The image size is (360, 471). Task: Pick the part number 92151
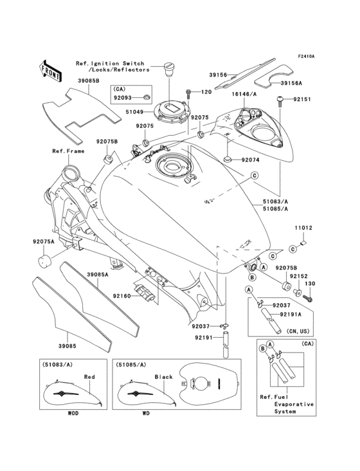[x=303, y=100]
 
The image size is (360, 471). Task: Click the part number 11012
[x=303, y=227]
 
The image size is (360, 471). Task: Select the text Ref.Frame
[x=68, y=151]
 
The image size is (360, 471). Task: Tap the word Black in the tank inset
[x=165, y=377]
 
